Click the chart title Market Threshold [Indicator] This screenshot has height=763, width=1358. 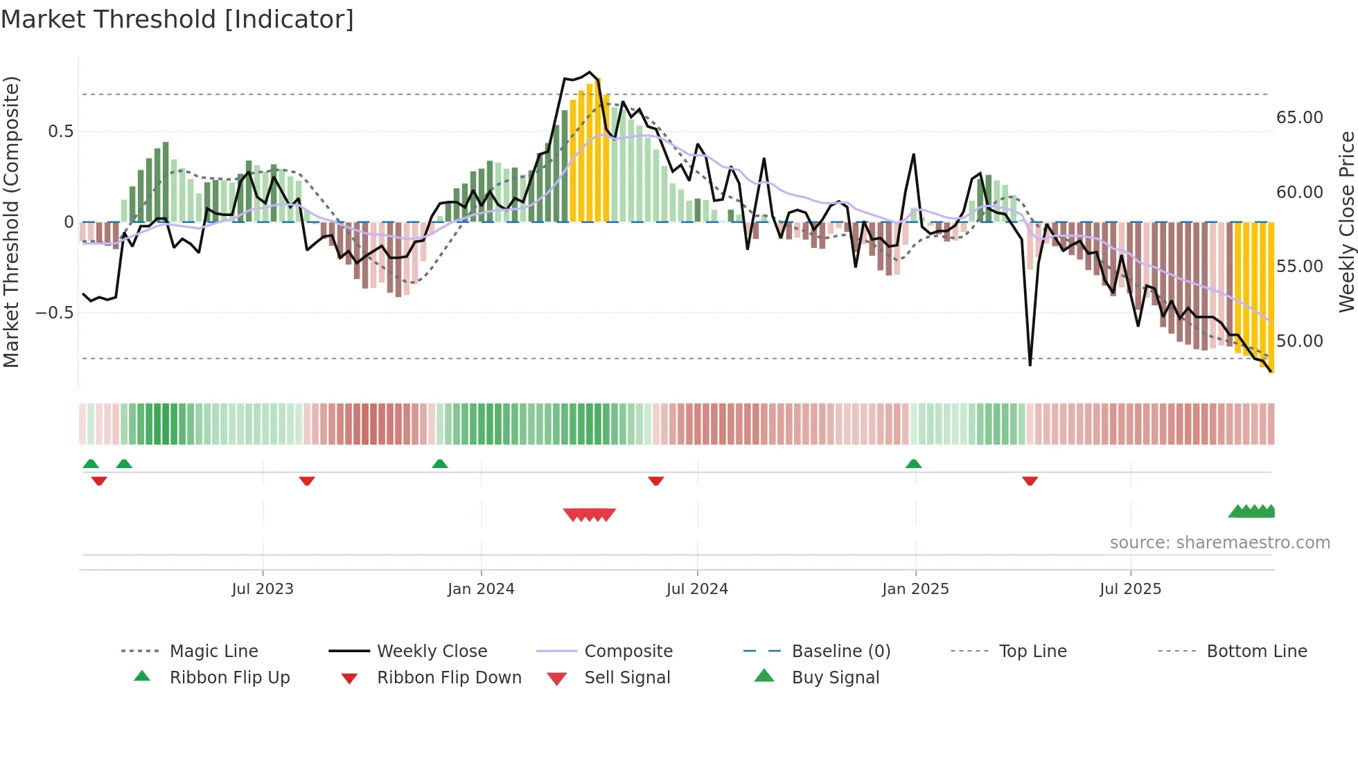pyautogui.click(x=177, y=19)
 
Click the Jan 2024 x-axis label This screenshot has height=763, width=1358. pyautogui.click(x=481, y=589)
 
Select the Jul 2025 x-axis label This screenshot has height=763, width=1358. pyautogui.click(x=1130, y=589)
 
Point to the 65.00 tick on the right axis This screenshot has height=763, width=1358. pyautogui.click(x=1299, y=118)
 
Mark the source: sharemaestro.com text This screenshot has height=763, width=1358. pyautogui.click(x=1219, y=543)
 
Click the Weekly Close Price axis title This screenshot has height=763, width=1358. pyautogui.click(x=1346, y=222)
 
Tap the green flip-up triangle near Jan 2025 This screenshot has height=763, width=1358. pyautogui.click(x=913, y=464)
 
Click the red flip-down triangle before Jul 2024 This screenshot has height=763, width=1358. pyautogui.click(x=656, y=481)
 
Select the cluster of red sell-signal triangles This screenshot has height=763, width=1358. pyautogui.click(x=590, y=514)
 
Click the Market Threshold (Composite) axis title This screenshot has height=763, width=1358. pyautogui.click(x=11, y=222)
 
